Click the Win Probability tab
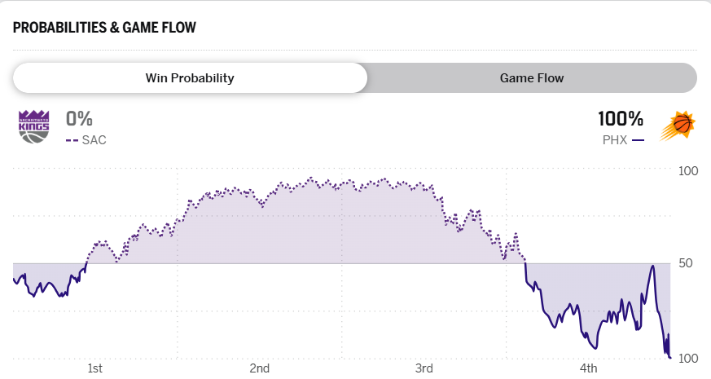point(190,78)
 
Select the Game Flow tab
point(532,78)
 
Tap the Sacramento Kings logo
point(33,126)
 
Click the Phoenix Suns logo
point(678,126)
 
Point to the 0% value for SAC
point(80,119)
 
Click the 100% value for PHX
point(621,119)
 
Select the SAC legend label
point(94,140)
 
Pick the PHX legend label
point(614,140)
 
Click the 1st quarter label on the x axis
point(95,368)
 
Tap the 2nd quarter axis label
point(260,368)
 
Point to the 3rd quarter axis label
point(424,368)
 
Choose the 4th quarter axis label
point(588,368)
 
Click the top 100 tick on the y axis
point(688,171)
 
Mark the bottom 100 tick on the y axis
point(688,359)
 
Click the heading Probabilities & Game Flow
point(104,28)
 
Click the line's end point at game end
point(669,357)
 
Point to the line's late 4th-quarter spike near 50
point(652,266)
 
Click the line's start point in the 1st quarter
point(14,279)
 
